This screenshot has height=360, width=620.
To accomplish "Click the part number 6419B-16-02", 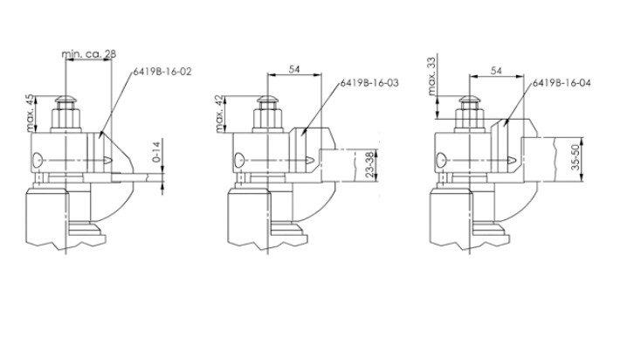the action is (x=162, y=72).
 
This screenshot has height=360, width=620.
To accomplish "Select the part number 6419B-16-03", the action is (x=369, y=83).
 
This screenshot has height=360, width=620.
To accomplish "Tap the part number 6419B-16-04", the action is (x=561, y=83).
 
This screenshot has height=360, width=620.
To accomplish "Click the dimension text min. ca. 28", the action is (x=89, y=54).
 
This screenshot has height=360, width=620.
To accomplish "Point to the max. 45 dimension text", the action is (x=30, y=113).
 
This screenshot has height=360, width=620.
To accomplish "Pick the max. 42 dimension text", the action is (x=220, y=114).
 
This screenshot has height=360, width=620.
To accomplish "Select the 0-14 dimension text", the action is (x=156, y=151).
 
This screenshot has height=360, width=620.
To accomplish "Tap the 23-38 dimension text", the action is (x=369, y=165).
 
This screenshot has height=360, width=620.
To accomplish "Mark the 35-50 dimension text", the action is (x=575, y=157).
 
